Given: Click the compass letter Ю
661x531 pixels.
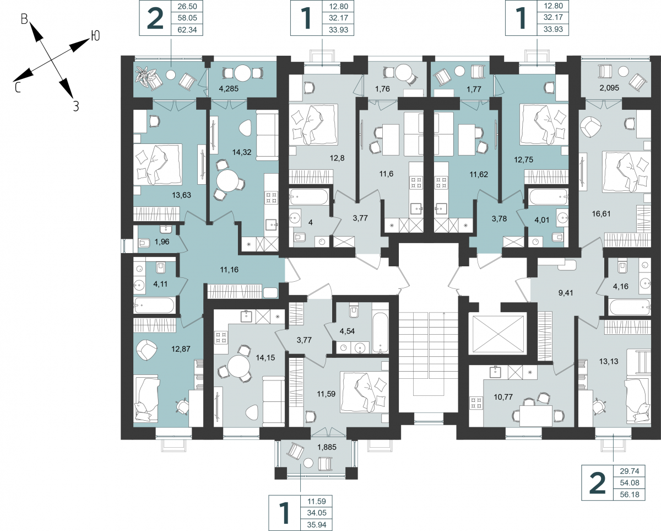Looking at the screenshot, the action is coord(95,36).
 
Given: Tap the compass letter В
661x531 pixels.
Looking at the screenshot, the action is coord(24,19).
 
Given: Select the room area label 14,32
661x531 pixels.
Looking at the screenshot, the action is coord(242,152).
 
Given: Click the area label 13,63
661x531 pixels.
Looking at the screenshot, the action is coord(182,195).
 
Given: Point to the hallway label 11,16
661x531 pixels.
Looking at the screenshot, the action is coord(229,270).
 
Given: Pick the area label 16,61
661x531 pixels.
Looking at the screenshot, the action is coord(601,214).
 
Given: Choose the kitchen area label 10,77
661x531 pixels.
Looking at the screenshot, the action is coord(503,397).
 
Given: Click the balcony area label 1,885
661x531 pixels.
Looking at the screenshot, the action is coord(327,447).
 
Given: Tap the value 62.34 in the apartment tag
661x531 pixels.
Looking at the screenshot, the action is coord(187,30).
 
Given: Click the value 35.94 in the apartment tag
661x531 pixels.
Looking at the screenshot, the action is coord(316,524).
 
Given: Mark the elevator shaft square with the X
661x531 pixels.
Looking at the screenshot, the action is coord(498,334).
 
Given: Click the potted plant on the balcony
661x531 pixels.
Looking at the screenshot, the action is coord(146,77).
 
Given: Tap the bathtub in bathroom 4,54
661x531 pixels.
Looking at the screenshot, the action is coord(380,333).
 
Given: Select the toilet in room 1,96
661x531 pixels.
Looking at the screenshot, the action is coord(144,244).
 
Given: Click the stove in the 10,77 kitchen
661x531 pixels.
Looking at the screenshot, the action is coord(476,403).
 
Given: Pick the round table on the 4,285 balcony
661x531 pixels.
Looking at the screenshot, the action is coord(243,73).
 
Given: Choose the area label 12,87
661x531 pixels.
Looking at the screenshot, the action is coord(181,349).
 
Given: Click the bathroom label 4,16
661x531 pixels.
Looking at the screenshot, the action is coord(620,287).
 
